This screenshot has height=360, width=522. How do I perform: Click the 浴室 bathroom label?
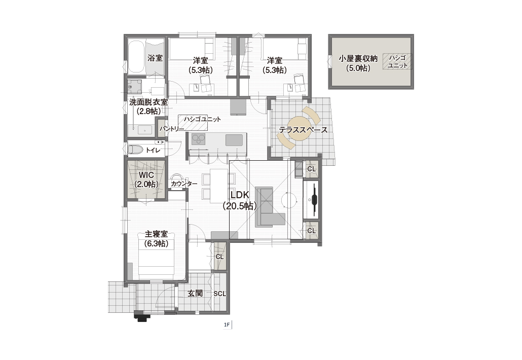[x=155, y=58]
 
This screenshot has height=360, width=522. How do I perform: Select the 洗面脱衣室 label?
[x=148, y=102]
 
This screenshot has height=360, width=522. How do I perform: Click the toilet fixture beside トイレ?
[x=135, y=150]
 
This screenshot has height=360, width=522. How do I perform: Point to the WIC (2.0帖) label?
[x=146, y=179]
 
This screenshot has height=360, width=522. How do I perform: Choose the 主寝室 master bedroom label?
[x=156, y=234]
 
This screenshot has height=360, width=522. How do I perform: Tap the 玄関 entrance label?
[x=195, y=293]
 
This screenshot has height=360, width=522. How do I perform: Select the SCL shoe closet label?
[x=220, y=294]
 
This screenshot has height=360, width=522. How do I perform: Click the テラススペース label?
[x=303, y=130]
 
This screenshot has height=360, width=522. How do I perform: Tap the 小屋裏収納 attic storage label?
[x=358, y=59]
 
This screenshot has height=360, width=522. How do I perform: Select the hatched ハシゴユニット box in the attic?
[x=397, y=62]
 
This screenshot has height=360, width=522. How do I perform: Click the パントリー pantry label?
[x=171, y=129]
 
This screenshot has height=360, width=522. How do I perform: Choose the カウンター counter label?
[x=184, y=184]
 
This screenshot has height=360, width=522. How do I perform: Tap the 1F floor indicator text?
[x=227, y=325]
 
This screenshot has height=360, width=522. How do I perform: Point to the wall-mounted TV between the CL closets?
[x=314, y=200]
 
